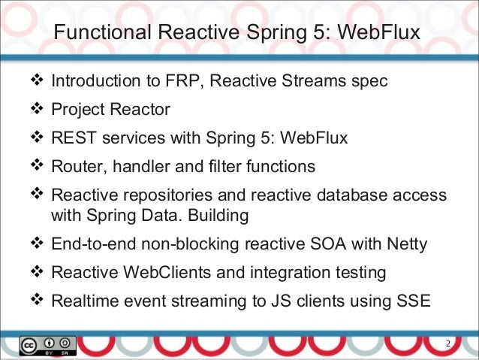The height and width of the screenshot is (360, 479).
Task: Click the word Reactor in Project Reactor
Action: coord(142,110)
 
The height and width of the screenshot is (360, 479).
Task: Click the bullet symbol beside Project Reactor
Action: coord(38,110)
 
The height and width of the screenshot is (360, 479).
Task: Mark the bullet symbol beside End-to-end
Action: coord(38,243)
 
